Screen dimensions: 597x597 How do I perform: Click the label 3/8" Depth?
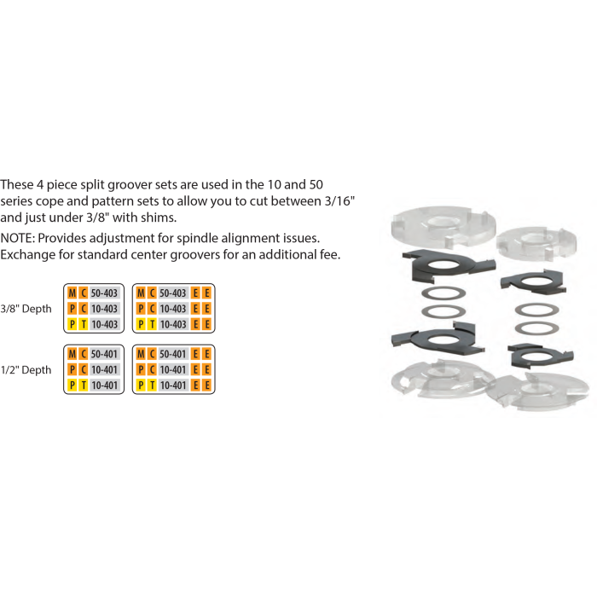[26, 309]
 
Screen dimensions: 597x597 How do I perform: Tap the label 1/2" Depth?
[26, 369]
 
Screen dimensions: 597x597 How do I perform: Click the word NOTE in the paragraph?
[16, 238]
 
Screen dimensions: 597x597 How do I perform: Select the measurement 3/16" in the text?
[339, 200]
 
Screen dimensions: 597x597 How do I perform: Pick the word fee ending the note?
[330, 254]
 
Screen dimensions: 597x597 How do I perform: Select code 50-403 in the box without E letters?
[104, 293]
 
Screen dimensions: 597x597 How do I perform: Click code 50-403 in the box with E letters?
[173, 293]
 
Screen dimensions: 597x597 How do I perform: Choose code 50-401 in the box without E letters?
[104, 354]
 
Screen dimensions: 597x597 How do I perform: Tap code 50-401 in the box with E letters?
[173, 354]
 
